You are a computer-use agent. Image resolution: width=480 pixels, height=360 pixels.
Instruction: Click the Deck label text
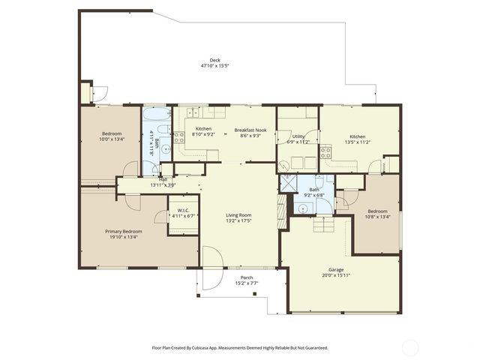(215, 61)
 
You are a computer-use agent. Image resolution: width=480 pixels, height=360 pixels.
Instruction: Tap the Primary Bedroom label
(124, 232)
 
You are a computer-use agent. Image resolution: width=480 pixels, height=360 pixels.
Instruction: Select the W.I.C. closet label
(179, 210)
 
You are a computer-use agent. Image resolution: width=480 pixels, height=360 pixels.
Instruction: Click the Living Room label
(239, 216)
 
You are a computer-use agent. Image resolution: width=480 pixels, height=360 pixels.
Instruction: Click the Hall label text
(163, 180)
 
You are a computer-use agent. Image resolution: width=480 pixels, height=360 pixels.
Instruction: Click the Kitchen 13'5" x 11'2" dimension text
(357, 142)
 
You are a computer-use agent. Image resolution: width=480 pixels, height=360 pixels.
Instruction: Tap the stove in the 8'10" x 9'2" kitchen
(180, 137)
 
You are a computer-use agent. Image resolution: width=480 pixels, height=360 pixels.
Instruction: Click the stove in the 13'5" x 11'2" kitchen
(326, 151)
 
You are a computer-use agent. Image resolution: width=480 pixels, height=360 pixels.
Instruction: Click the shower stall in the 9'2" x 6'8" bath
(289, 184)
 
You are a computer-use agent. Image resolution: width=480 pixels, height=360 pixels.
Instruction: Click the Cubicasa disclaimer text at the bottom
(240, 348)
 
